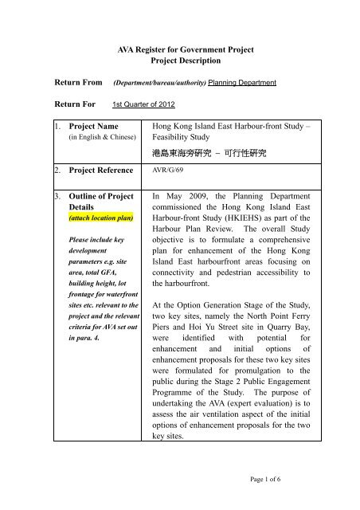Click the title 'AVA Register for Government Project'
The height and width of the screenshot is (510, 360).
coord(179,51)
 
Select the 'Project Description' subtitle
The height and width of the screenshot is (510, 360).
coord(179,64)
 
